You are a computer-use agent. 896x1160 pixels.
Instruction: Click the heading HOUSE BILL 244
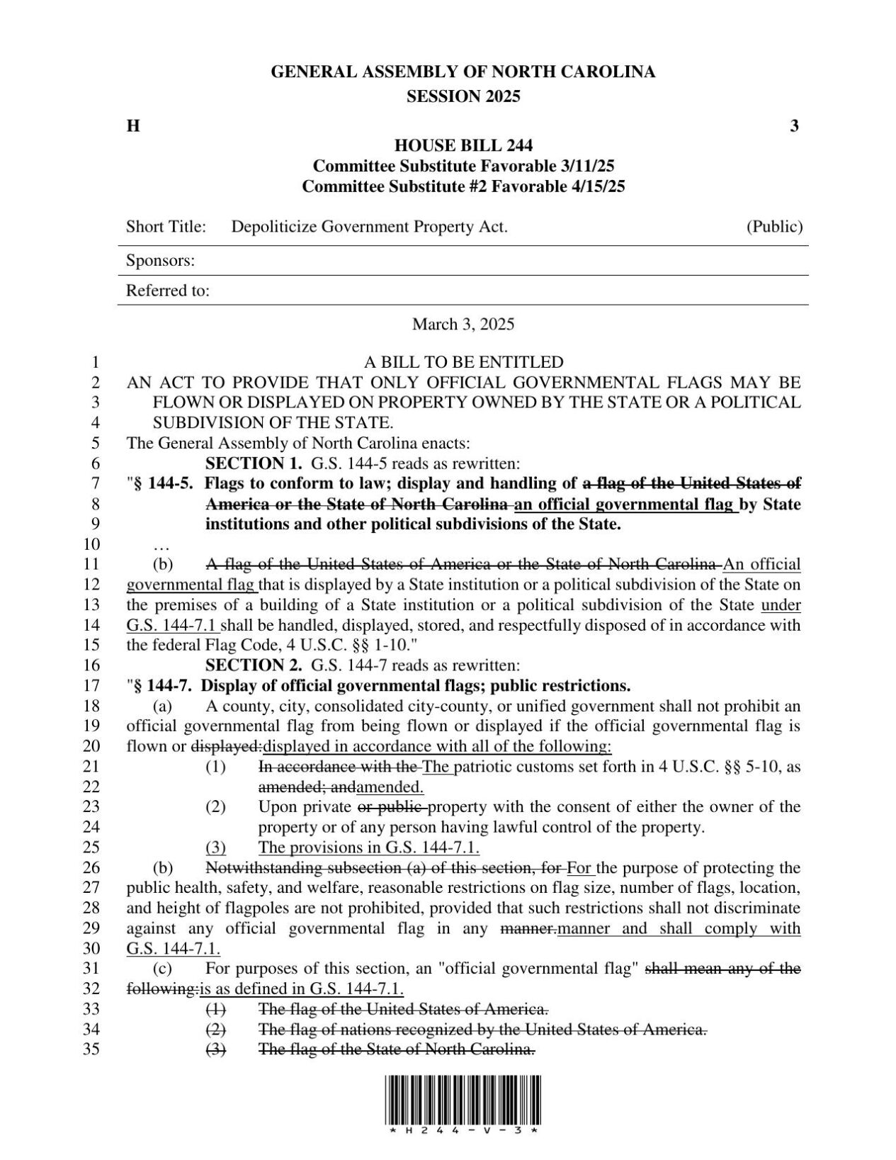click(463, 146)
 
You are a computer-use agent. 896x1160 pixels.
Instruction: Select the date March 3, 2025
click(463, 325)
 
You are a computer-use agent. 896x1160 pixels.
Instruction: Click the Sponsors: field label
click(161, 261)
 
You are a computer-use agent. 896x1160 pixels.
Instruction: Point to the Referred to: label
click(168, 291)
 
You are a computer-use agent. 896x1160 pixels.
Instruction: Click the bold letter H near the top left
click(132, 126)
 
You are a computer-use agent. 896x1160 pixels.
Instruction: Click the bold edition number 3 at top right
click(794, 126)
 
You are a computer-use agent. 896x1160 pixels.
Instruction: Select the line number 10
click(92, 544)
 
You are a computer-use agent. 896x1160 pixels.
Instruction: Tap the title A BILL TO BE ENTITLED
click(463, 362)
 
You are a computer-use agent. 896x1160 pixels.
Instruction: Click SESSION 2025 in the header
click(463, 96)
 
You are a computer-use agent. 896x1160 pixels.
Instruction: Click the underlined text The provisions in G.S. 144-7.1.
click(369, 847)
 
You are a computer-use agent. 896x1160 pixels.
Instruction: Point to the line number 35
click(92, 1049)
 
